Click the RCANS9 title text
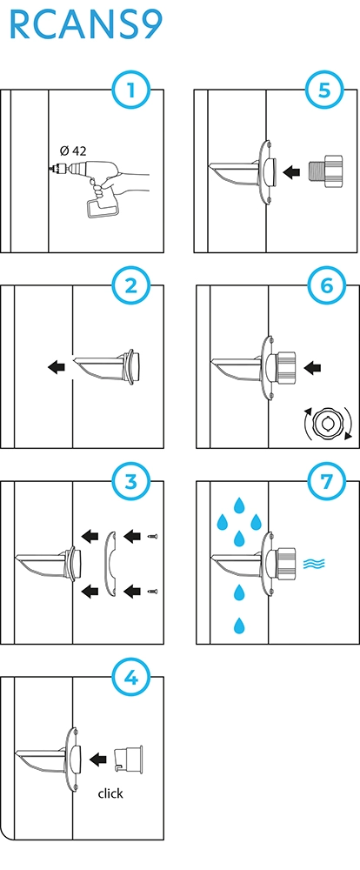86,25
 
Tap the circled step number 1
131,90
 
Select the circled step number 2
131,285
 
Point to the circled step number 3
131,482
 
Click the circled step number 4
131,678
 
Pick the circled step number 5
325,90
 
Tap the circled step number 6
326,285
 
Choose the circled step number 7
326,482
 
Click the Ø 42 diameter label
73,151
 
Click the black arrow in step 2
56,366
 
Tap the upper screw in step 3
152,536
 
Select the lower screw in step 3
152,592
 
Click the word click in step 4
110,793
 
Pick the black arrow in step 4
98,759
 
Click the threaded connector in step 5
324,172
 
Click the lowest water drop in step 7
239,626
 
